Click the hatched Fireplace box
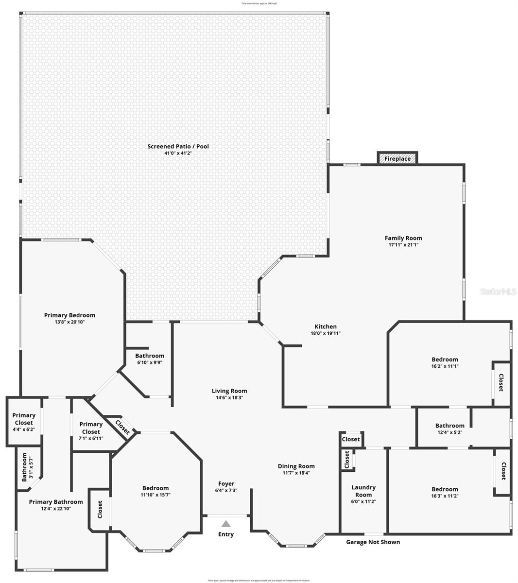(x=397, y=158)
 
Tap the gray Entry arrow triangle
(x=225, y=524)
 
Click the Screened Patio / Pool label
(x=178, y=146)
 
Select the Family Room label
(x=403, y=238)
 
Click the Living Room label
(x=229, y=391)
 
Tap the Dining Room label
(x=296, y=466)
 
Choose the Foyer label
(x=226, y=484)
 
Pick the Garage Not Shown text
(x=373, y=542)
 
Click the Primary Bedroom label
(x=69, y=315)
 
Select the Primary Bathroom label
(x=56, y=502)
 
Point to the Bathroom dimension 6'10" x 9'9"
(x=150, y=362)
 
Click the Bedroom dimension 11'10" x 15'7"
(x=155, y=495)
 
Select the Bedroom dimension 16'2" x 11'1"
(x=445, y=366)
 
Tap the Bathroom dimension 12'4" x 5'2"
(x=449, y=432)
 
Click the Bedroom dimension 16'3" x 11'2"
(x=445, y=496)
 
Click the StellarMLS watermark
(x=498, y=291)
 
